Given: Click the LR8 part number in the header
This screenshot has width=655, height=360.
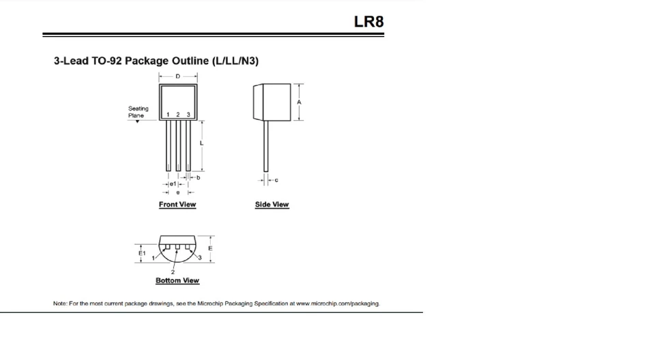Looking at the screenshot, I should click(368, 21).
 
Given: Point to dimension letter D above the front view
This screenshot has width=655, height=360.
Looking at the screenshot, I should click(178, 76).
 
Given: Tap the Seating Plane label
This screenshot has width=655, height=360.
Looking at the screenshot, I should click(138, 112).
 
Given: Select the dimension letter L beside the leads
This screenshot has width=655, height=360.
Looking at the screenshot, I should click(201, 143).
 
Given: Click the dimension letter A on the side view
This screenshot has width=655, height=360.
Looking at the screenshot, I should click(299, 102).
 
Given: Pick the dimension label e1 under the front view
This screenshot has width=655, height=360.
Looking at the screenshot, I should click(173, 184).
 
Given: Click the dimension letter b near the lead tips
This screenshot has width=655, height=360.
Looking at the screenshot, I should click(198, 177).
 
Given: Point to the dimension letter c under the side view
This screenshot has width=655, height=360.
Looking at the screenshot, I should click(276, 181).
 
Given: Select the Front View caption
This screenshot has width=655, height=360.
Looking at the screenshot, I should click(177, 205).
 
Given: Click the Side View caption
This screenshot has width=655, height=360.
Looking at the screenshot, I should click(272, 205).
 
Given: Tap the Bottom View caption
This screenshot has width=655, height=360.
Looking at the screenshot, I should click(177, 280).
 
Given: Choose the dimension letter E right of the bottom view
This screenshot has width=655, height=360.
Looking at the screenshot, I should click(210, 248).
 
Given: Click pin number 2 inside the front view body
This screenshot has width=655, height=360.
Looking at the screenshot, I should click(178, 115).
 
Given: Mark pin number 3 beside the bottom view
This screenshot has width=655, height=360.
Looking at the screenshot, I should click(200, 258).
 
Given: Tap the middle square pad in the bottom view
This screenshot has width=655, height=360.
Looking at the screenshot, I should click(177, 247).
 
